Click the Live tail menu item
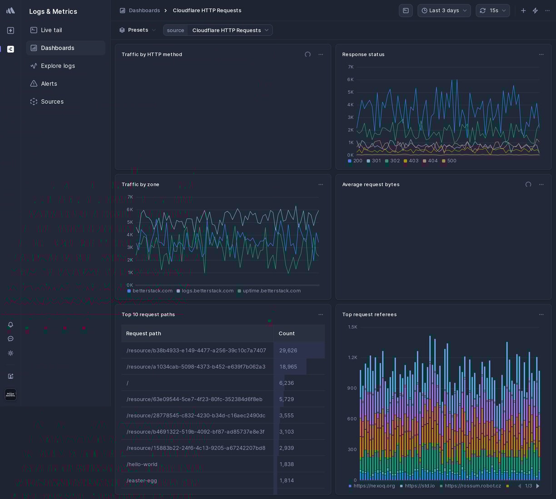coord(51,30)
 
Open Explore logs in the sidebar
coord(58,66)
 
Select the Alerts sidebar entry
coord(49,84)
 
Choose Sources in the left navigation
coord(52,102)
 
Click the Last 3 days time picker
coord(444,10)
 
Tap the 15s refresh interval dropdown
coord(493,10)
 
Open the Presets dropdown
coord(138,30)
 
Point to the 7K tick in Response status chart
coord(351,67)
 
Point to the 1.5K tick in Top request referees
coord(352,327)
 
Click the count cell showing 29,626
coord(288,350)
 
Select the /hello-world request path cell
coord(142,464)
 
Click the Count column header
coord(287,333)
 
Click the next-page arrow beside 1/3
coord(538,486)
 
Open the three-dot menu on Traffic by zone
coord(321,185)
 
